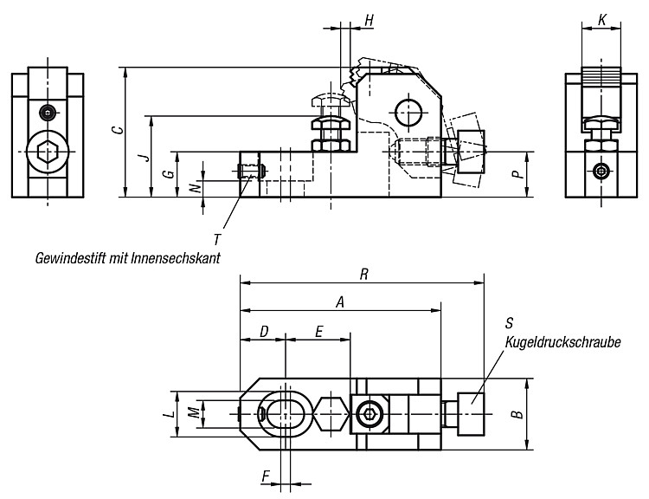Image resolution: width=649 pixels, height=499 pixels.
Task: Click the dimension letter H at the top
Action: pos(369,19)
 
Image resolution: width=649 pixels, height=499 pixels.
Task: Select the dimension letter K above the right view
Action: pos(602,19)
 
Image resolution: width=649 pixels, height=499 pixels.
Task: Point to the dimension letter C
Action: pos(119,130)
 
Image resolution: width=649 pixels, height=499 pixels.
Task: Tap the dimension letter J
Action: pos(143,157)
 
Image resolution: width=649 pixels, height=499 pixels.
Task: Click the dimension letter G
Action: pos(169,174)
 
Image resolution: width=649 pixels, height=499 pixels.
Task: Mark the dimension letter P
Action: pos(517,174)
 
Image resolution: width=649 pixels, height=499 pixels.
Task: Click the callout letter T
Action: pos(217,240)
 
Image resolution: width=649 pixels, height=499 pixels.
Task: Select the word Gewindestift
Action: pos(71,258)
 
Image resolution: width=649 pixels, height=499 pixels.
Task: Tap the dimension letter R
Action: pos(363,275)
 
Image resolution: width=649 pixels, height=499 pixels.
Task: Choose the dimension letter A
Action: pos(340,302)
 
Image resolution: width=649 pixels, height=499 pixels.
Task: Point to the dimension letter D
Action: pos(264,332)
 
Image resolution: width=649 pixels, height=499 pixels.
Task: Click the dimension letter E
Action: pos(318,332)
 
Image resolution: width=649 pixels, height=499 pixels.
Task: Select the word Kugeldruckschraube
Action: pos(563,342)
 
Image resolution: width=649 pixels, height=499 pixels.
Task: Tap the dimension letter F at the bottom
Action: pos(267,476)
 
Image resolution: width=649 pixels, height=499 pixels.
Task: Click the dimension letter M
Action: pos(193,413)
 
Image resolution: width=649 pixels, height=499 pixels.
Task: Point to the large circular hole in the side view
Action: pos(408,113)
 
